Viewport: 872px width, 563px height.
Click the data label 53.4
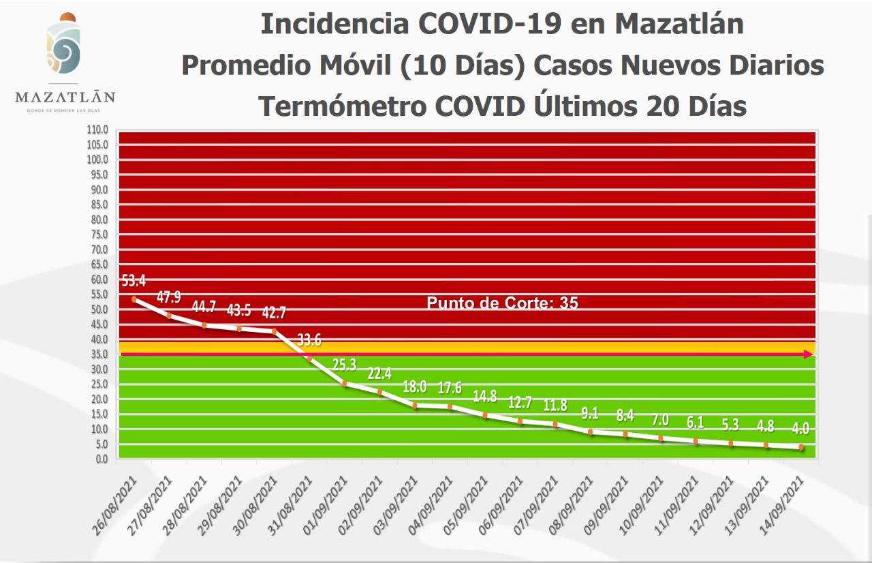134,281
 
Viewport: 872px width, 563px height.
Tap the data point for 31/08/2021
309,358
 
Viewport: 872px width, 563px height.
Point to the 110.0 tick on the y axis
98,130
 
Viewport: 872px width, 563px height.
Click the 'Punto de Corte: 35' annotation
502,303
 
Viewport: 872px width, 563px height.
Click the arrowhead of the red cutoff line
809,354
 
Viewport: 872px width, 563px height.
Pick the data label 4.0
801,429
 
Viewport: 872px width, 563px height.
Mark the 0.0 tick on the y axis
101,459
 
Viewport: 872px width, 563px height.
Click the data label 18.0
414,387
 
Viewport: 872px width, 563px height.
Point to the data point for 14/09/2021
801,448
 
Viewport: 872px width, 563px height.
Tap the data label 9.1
590,413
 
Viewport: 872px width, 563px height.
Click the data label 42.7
274,313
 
